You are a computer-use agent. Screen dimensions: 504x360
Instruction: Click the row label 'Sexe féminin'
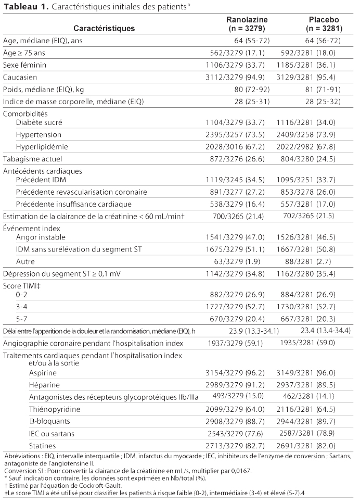click(24, 65)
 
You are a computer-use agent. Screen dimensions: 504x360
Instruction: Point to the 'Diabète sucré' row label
click(39, 123)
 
